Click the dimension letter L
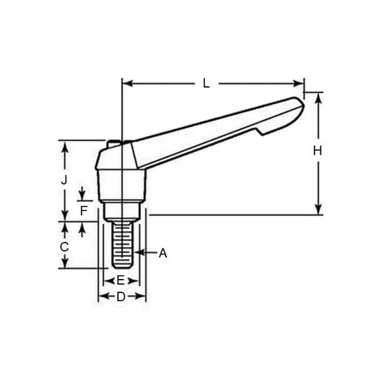[206, 84]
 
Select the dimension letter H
[318, 151]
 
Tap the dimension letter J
[65, 180]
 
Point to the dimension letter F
[83, 210]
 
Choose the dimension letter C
[65, 246]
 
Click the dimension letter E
[120, 280]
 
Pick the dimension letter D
[121, 297]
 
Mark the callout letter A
[163, 253]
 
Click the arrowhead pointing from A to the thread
[137, 253]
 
